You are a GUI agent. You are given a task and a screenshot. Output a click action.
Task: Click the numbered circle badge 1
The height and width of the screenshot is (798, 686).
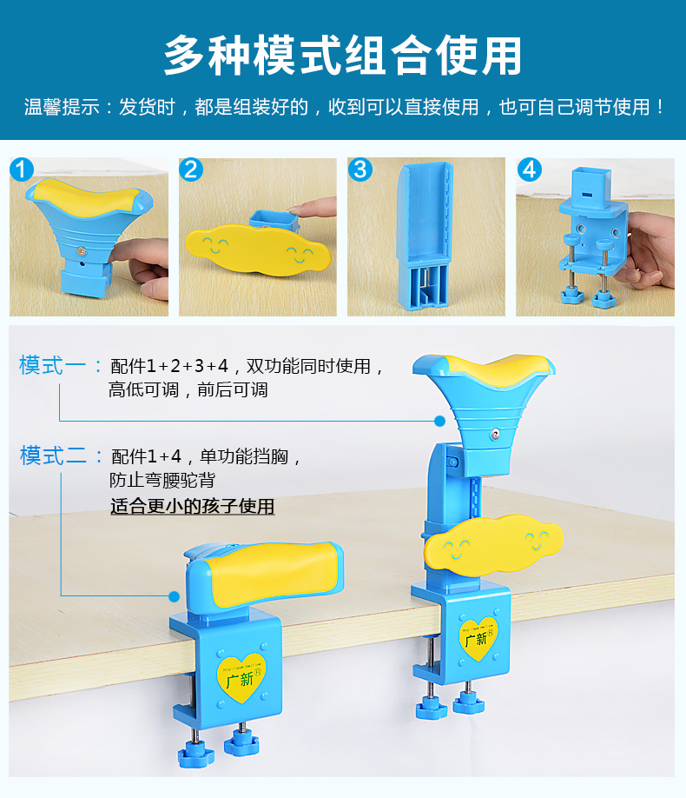(22, 170)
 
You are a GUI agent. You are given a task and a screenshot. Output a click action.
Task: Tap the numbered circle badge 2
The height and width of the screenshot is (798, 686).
(191, 170)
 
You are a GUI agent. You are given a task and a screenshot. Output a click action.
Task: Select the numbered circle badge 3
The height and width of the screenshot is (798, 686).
(360, 170)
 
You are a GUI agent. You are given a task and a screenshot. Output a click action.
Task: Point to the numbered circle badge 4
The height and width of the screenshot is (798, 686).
(530, 170)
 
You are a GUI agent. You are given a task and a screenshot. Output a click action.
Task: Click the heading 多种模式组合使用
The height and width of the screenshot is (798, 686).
(343, 55)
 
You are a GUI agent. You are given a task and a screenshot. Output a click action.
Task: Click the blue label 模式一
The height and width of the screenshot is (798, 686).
(52, 365)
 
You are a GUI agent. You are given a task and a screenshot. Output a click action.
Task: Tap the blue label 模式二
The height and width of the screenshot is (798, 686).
(53, 455)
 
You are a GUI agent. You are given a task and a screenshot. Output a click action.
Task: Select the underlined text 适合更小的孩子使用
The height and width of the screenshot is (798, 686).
(192, 506)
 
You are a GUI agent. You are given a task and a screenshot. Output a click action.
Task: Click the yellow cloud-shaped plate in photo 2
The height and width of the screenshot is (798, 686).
(258, 249)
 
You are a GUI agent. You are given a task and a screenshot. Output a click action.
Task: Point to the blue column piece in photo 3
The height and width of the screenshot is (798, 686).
(425, 236)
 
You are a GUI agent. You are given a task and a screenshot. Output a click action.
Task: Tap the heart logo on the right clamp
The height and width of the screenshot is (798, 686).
(478, 638)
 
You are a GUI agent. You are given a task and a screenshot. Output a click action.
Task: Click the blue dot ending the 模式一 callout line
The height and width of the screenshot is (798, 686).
(440, 421)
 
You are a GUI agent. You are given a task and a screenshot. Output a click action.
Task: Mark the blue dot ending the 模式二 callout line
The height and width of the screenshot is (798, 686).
(174, 596)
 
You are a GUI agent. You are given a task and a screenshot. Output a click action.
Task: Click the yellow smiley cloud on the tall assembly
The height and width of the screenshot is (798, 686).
(493, 545)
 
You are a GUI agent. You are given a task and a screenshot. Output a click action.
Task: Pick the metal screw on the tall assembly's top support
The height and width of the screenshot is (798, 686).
(495, 434)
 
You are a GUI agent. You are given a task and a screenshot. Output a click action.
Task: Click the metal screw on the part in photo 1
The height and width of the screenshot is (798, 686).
(81, 251)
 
